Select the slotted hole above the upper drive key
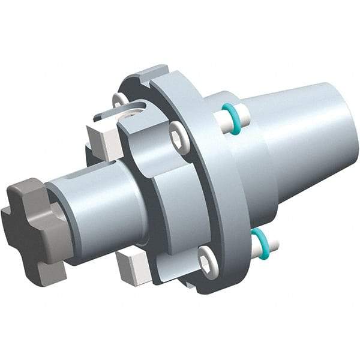[x=134, y=112]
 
